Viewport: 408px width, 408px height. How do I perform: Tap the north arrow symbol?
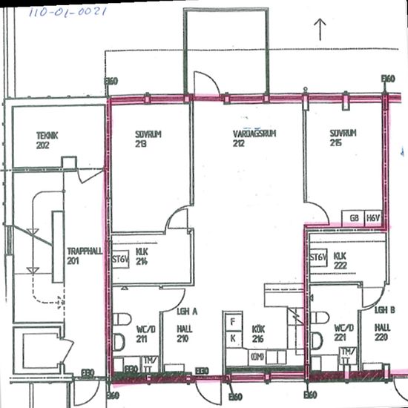point(320,29)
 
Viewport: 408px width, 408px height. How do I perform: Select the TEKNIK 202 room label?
point(47,141)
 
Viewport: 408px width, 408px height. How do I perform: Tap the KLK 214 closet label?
point(142,257)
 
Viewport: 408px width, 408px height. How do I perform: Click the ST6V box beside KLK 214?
point(120,260)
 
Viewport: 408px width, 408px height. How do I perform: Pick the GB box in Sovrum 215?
point(355,218)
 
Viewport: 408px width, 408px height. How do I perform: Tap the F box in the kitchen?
point(233,322)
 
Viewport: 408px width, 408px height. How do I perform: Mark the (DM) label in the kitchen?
point(257,357)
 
